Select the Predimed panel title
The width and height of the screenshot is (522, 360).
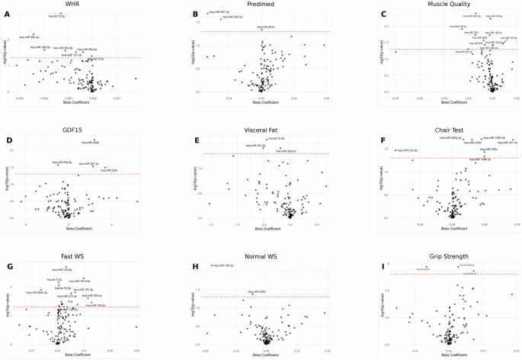coord(262,5)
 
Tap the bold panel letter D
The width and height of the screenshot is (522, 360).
coord(8,131)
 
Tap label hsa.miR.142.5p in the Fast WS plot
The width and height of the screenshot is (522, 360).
coord(62,269)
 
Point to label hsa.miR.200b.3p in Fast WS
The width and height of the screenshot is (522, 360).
coord(37,292)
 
